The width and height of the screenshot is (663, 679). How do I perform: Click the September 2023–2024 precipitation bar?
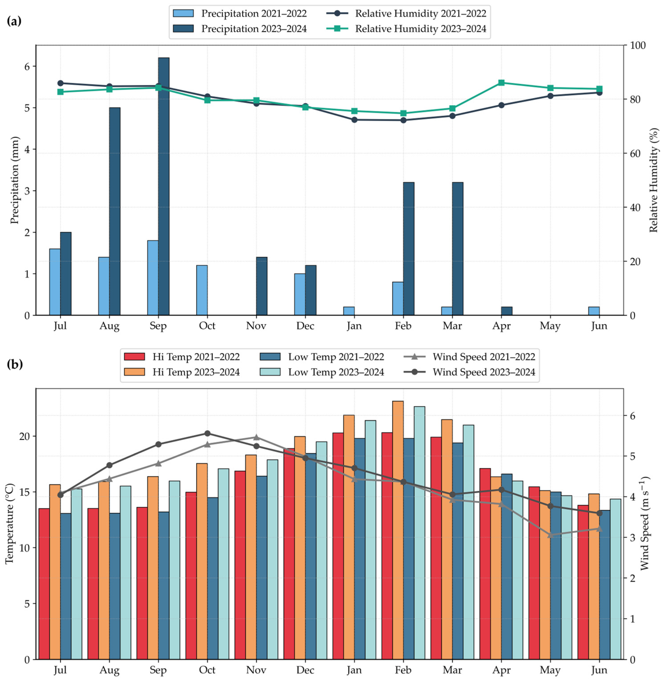click(164, 186)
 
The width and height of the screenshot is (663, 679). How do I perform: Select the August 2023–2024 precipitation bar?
click(114, 211)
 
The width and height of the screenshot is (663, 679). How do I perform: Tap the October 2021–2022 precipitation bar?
click(202, 290)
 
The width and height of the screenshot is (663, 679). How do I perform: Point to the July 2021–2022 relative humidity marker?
click(60, 83)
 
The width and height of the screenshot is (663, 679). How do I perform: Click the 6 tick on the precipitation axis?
click(27, 66)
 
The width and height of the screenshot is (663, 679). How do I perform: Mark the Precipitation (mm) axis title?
click(15, 180)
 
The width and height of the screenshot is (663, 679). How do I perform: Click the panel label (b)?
click(15, 364)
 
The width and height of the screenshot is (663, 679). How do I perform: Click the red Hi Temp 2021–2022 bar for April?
click(485, 564)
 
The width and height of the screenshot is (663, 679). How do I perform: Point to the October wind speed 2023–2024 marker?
click(207, 433)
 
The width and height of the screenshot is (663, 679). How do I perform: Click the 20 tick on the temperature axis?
click(24, 437)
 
